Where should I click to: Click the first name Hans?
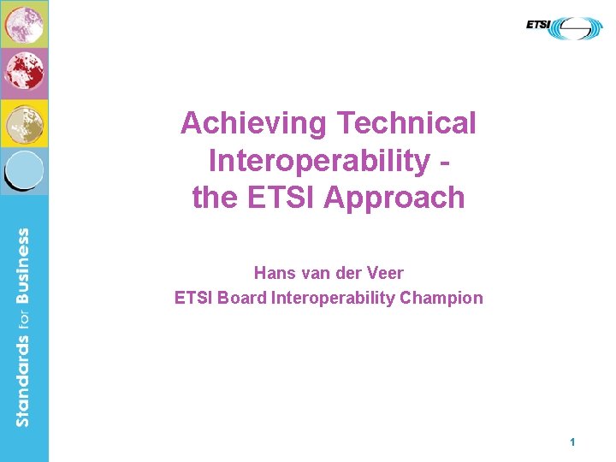point(274,273)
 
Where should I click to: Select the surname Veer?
point(385,273)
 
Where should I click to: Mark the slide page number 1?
point(572,442)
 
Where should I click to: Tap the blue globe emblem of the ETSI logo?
point(577,28)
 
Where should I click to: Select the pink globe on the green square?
point(23,23)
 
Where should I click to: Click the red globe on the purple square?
point(23,73)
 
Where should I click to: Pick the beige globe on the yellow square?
point(23,123)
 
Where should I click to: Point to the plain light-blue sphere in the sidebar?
point(25,169)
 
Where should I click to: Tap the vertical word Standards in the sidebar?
point(23,380)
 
